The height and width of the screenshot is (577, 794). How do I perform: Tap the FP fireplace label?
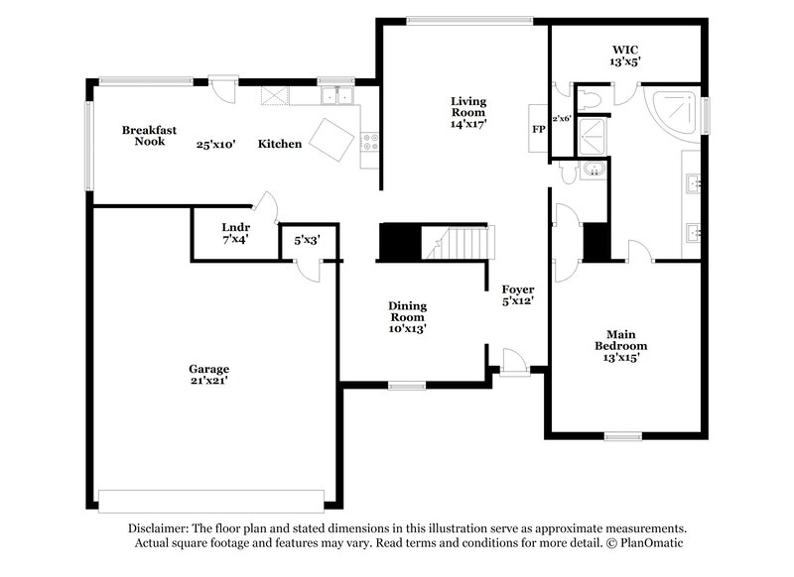(538, 129)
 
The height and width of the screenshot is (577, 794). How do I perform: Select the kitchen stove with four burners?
(370, 143)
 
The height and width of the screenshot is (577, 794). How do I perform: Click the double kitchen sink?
(337, 96)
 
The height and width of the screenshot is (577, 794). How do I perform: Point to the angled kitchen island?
(331, 139)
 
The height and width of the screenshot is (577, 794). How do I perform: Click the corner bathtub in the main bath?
(675, 112)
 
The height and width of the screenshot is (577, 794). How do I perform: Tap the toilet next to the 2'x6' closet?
(590, 99)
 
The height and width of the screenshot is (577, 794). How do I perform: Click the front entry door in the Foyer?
(514, 361)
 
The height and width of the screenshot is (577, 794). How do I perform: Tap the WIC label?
(625, 48)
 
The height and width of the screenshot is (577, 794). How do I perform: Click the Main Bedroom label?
(621, 339)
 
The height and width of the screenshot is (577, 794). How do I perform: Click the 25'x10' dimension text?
(214, 144)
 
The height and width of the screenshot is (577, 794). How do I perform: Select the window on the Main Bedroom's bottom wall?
(623, 435)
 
